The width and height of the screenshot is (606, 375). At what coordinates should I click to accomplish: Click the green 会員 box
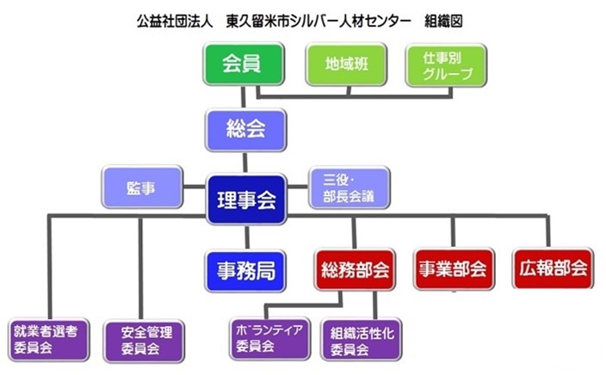point(244,65)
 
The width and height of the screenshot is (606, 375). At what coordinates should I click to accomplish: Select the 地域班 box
point(346,65)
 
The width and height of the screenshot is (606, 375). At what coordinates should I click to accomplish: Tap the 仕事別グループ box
point(446,65)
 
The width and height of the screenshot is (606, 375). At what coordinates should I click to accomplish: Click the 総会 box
point(246,130)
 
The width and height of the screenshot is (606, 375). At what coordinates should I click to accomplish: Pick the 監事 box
point(142,187)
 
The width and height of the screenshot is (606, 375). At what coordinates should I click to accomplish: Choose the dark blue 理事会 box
point(246,200)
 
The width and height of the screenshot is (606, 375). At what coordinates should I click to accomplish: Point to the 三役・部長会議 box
point(349,187)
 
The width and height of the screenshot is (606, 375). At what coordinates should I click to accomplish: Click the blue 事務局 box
point(245,271)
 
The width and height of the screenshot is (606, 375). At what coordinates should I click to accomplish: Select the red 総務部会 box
point(355,269)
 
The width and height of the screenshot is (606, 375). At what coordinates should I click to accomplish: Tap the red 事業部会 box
point(454,269)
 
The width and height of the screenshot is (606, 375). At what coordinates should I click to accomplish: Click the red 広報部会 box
point(553,268)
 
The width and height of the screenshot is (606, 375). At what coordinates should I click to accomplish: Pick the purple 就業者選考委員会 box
point(49,340)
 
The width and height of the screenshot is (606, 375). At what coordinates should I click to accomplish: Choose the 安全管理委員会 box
point(144,341)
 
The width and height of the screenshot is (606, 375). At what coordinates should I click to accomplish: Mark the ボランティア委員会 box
point(269,338)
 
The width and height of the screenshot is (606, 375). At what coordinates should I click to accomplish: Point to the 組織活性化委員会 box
point(362,340)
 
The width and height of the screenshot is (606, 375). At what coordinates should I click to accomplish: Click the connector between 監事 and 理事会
point(194,187)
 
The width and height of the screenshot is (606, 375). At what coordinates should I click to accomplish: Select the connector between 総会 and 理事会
point(245,163)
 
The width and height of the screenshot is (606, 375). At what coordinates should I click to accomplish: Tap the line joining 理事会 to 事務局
point(247,237)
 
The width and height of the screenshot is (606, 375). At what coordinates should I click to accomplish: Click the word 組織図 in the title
point(443,22)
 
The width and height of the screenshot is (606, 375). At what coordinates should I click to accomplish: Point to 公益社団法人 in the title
point(175,22)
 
